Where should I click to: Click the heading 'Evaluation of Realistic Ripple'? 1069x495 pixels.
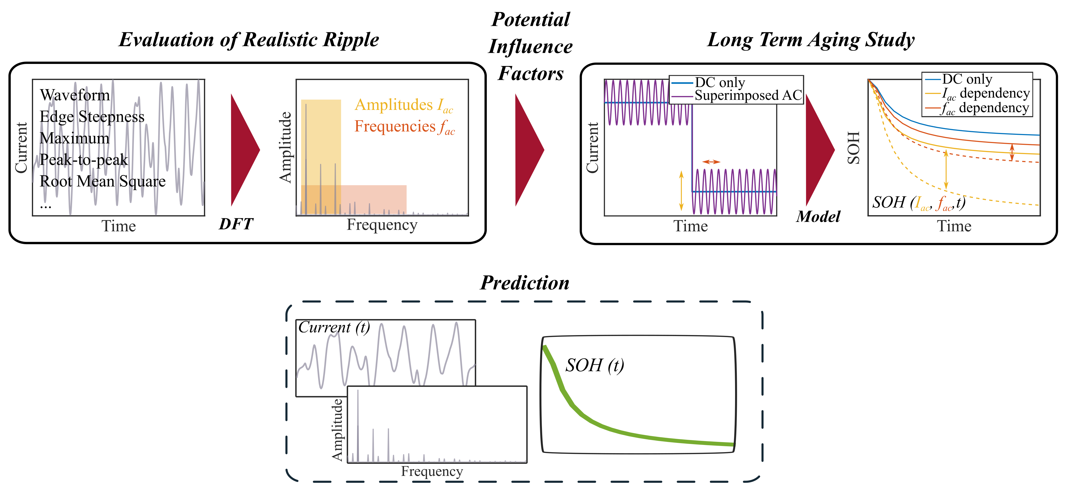coord(249,40)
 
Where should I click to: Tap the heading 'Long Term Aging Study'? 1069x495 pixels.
coord(810,40)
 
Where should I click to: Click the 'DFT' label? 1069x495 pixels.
coord(236,224)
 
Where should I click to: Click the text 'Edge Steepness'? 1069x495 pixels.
coord(92,117)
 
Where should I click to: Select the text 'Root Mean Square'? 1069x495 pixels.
coord(103,181)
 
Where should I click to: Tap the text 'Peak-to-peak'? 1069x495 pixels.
coord(84,159)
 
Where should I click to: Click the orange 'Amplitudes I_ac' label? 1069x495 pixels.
coord(404,105)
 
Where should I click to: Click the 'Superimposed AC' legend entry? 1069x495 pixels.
coord(748,96)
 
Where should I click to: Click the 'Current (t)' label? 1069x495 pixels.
coord(334,328)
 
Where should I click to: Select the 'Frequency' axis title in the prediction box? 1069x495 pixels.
coord(432,471)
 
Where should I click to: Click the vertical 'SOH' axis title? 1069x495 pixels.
coord(854,148)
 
